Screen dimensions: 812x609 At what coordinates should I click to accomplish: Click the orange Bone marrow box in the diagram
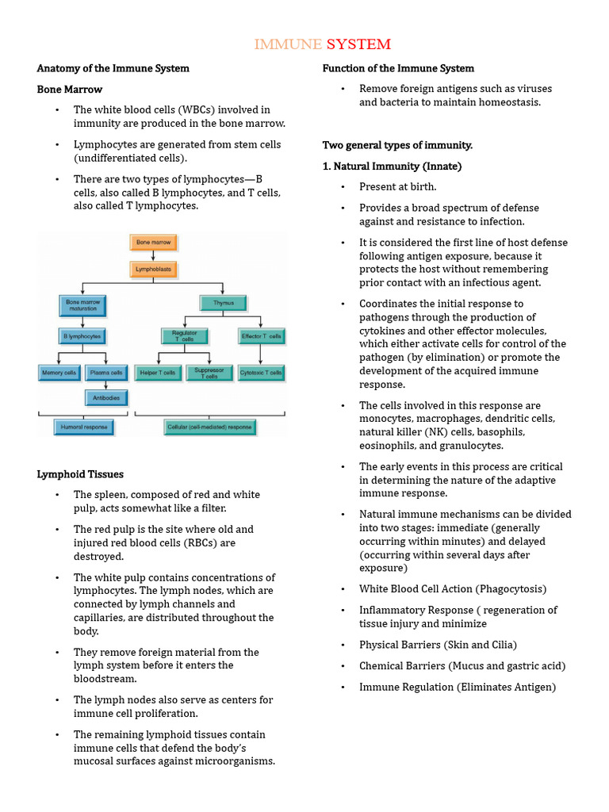(x=153, y=242)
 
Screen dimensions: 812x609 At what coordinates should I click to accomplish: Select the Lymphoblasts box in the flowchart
(x=153, y=270)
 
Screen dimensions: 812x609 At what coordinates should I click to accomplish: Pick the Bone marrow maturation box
(x=82, y=304)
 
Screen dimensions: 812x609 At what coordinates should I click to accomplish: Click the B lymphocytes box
(x=82, y=336)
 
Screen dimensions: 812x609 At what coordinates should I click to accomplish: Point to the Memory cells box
(x=59, y=372)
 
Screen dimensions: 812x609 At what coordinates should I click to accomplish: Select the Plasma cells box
(x=106, y=372)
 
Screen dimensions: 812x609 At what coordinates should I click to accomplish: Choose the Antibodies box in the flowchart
(x=106, y=397)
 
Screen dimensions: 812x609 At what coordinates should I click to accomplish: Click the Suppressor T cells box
(x=209, y=372)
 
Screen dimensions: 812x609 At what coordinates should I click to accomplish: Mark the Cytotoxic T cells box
(x=262, y=372)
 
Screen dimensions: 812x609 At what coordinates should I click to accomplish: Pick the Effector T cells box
(x=262, y=336)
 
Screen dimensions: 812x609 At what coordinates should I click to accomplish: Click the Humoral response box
(x=83, y=427)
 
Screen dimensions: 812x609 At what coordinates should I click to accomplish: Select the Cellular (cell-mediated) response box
(x=209, y=427)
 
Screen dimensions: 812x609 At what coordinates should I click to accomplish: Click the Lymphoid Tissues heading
(x=80, y=474)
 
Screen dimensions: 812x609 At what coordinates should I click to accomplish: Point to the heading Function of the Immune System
(x=398, y=68)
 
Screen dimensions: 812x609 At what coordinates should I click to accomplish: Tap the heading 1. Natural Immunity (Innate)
(x=392, y=167)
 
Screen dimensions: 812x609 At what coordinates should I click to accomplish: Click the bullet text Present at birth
(x=398, y=187)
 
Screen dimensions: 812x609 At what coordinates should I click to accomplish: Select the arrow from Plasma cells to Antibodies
(x=106, y=385)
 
